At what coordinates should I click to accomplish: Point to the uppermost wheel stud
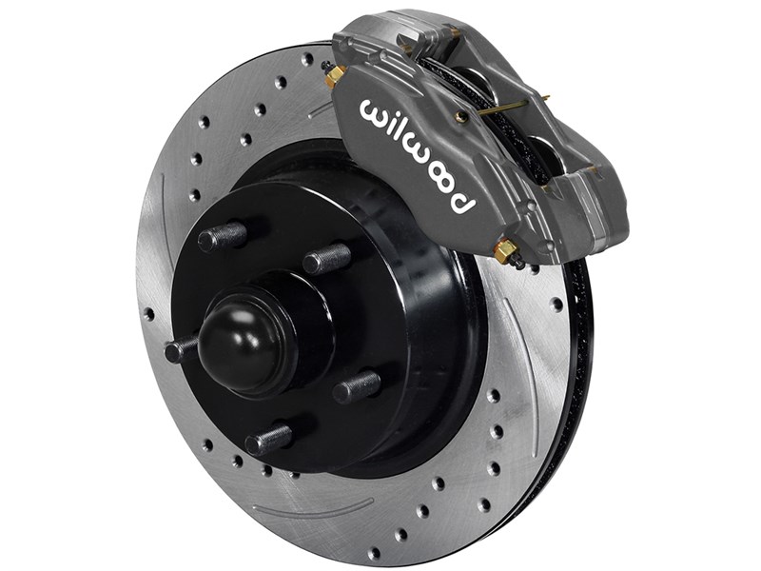[x=221, y=235]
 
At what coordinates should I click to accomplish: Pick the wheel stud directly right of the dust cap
[x=357, y=385]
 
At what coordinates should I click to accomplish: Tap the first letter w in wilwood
[x=374, y=110]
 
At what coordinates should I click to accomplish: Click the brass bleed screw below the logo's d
[x=505, y=250]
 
